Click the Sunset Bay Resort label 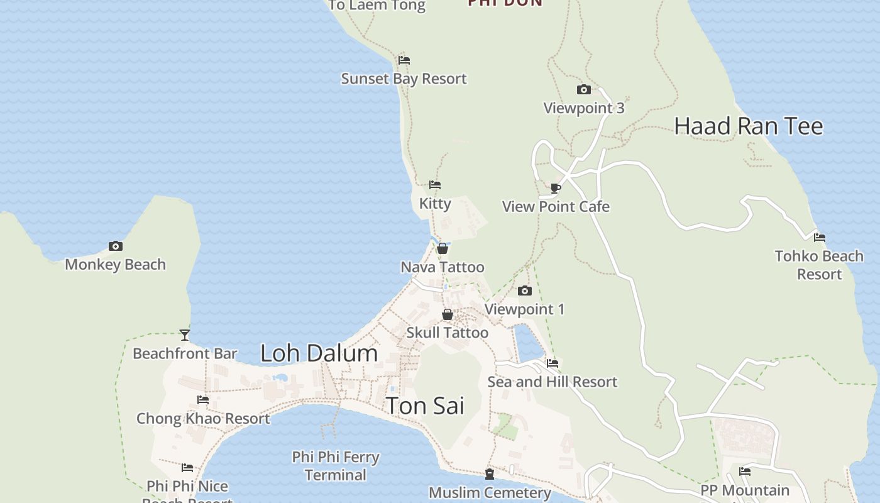point(404,79)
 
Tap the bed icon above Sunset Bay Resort point(404,60)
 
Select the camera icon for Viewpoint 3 point(584,90)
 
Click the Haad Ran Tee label point(749,126)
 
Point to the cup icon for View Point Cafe point(556,188)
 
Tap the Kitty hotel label point(435,203)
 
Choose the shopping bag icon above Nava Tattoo point(443,249)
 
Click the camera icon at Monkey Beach point(115,246)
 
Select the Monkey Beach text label point(115,264)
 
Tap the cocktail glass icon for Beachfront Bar point(185,334)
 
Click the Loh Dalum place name point(319,353)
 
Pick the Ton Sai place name point(425,406)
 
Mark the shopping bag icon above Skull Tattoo point(448,314)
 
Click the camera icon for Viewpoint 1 point(525,290)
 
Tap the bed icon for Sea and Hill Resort point(553,363)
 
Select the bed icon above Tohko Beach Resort point(820,238)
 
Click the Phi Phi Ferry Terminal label point(336,466)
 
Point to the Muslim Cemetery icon point(490,474)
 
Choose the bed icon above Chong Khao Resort point(203,400)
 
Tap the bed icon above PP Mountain point(745,471)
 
